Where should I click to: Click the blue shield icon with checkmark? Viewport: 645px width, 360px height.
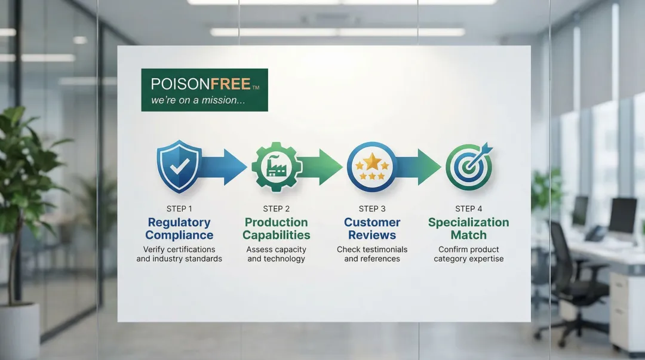point(179,166)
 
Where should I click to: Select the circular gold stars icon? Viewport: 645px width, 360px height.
point(372,167)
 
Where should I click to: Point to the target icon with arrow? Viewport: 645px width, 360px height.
point(469,167)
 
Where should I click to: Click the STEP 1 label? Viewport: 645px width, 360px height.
point(179,208)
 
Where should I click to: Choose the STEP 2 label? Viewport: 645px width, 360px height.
point(277,208)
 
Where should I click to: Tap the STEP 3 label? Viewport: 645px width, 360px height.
point(372,208)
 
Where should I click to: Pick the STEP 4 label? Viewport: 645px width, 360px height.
point(469,208)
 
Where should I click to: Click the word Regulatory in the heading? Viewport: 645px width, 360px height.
point(179,223)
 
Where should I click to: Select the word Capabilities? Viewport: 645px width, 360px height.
point(277,235)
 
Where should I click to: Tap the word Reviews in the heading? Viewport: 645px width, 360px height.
point(372,235)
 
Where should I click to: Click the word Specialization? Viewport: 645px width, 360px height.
point(469,223)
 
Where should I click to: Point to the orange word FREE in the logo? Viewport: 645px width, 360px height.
point(231,84)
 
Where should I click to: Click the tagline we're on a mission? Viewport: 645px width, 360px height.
point(198,100)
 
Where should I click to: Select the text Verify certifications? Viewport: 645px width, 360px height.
point(179,250)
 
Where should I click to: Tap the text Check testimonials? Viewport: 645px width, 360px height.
point(372,250)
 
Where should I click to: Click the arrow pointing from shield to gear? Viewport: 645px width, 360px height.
point(224,167)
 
